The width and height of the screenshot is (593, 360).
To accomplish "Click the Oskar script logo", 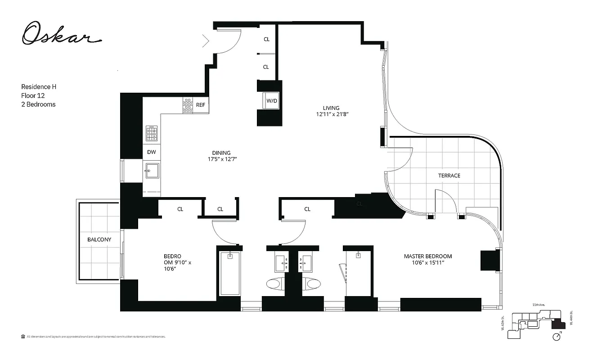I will [60, 34].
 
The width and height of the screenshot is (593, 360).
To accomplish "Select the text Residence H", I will [39, 86].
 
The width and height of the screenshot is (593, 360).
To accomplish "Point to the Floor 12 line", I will [33, 95].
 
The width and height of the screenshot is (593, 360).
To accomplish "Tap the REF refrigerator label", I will [201, 105].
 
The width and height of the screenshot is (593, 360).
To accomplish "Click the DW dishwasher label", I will [152, 152].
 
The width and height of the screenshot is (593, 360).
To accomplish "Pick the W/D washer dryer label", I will [272, 101].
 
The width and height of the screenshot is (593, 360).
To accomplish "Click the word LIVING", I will [331, 108].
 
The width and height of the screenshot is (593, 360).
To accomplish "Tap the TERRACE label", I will [449, 175].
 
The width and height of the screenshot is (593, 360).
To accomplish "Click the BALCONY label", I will [99, 239].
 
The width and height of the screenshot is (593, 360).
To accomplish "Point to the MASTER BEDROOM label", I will [427, 256].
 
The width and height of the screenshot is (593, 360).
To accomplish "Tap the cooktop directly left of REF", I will [187, 105].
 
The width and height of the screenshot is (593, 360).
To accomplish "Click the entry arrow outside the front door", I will [206, 41].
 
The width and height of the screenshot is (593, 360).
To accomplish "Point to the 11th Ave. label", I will [539, 305].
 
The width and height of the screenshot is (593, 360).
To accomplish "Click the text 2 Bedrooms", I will [38, 104].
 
